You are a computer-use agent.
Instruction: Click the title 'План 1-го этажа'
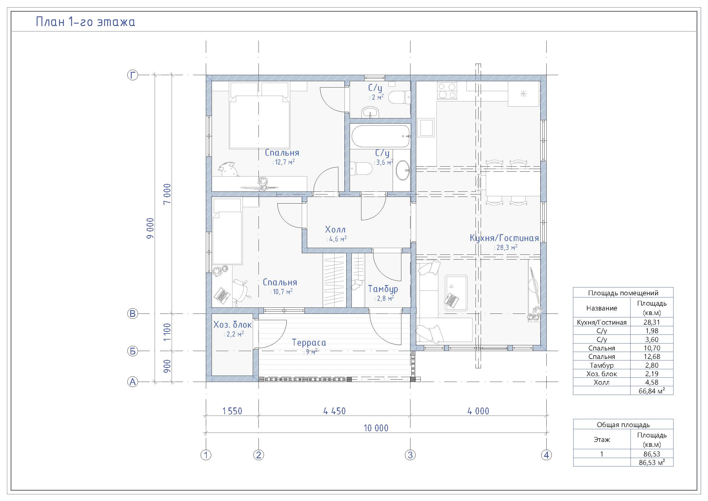pyautogui.click(x=85, y=22)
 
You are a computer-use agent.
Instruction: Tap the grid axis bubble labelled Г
pyautogui.click(x=133, y=75)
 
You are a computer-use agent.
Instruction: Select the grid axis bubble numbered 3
pyautogui.click(x=410, y=455)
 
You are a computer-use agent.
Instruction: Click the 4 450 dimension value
pyautogui.click(x=334, y=411)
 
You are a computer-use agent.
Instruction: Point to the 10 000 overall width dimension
pyautogui.click(x=376, y=428)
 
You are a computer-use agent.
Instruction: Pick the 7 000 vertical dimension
pyautogui.click(x=167, y=194)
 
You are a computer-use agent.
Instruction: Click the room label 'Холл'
pyautogui.click(x=335, y=230)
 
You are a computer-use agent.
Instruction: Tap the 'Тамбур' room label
pyautogui.click(x=383, y=289)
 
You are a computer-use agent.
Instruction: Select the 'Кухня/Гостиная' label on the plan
pyautogui.click(x=504, y=238)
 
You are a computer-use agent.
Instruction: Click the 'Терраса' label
pyautogui.click(x=309, y=343)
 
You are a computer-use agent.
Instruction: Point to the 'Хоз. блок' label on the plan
pyautogui.click(x=232, y=324)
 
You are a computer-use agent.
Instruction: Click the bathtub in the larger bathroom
pyautogui.click(x=380, y=136)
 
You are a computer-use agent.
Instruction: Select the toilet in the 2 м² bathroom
pyautogui.click(x=399, y=98)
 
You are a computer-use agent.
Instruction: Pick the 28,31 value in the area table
pyautogui.click(x=652, y=322)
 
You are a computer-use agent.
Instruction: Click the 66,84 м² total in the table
pyautogui.click(x=652, y=391)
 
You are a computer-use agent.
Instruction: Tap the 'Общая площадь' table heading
pyautogui.click(x=623, y=424)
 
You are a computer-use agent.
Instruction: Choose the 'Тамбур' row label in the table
pyautogui.click(x=602, y=365)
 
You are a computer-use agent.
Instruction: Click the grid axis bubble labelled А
pyautogui.click(x=133, y=382)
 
